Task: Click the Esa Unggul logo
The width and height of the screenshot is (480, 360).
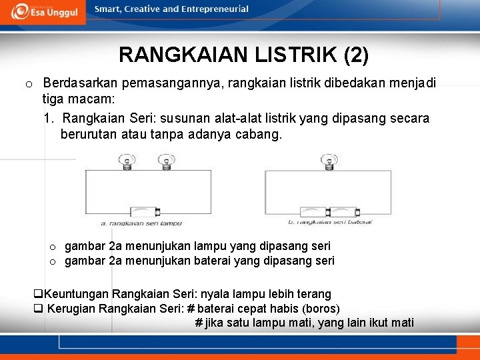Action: point(43,12)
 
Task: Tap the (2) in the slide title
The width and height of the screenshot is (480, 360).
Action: point(356,54)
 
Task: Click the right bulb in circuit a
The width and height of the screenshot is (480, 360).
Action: point(164,161)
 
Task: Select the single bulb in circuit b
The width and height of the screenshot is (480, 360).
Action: point(327,161)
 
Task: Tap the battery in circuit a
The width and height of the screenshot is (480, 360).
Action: point(144,212)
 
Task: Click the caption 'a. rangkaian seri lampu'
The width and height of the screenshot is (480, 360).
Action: point(141,223)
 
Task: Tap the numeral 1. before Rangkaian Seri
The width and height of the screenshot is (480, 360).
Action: point(49,118)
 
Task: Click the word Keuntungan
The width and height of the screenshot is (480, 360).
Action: point(76,294)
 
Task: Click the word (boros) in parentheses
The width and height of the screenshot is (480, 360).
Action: point(321,309)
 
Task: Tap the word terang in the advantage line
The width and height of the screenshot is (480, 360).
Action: point(315,294)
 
